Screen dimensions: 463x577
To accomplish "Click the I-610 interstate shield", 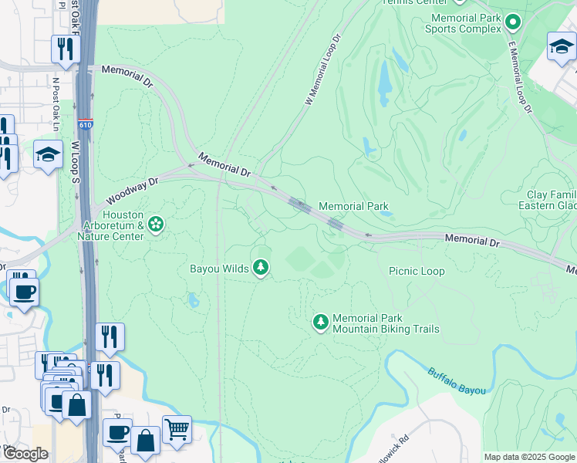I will coord(85,123).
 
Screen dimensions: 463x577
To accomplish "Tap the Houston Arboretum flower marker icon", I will coord(156,224).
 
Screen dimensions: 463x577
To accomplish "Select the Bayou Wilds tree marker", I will coord(262,267).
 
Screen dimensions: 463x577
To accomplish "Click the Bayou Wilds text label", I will coord(219,269).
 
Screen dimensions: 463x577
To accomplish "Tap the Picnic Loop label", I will coord(417,271).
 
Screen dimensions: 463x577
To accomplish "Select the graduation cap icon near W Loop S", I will coord(48,154).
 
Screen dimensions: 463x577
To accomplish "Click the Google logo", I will coord(25,454).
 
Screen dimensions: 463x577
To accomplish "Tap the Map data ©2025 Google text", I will coord(528,457).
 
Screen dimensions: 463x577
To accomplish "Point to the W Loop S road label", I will coord(76,170).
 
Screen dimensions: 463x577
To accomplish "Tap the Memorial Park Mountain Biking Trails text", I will coord(386,324).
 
